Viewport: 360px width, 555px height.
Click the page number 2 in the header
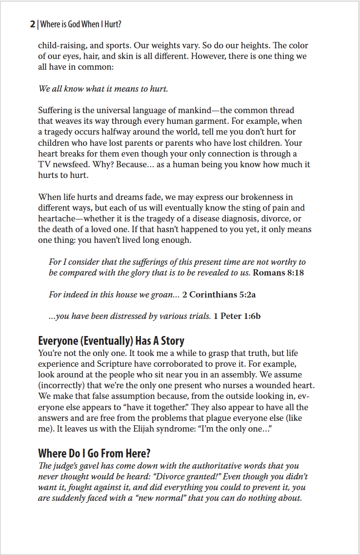coord(32,24)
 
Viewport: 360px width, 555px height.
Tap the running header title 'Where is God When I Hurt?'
coord(80,24)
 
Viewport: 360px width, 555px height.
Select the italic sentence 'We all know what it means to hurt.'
coord(103,89)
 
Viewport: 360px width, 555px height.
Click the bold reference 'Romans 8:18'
coord(278,273)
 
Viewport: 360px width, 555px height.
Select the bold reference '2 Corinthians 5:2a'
coord(219,295)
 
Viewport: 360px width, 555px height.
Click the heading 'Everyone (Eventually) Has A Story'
coord(111,340)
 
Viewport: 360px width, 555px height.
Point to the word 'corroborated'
coord(187,362)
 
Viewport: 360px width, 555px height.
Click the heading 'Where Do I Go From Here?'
coord(95,453)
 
